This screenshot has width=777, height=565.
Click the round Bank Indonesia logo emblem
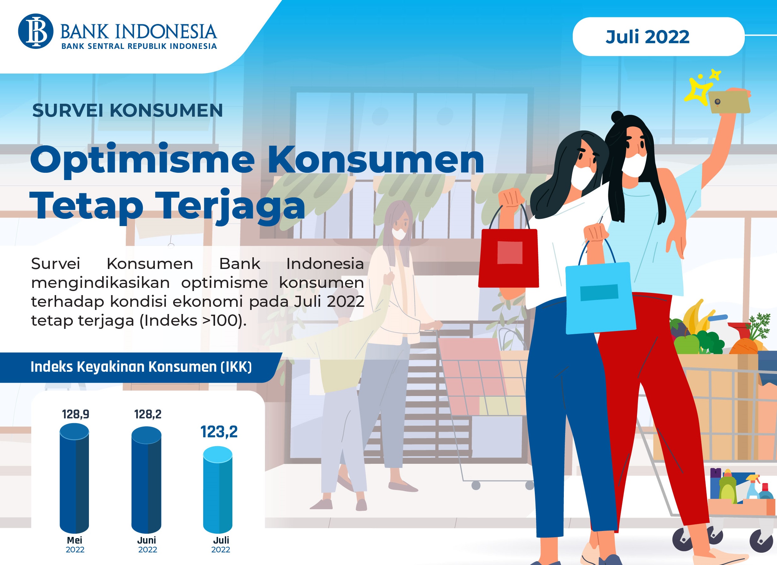tap(36, 31)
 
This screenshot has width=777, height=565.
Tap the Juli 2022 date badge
tap(658, 37)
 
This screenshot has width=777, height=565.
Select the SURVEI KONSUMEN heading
tap(127, 111)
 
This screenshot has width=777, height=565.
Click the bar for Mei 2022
tap(74, 478)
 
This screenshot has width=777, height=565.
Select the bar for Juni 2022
tap(146, 480)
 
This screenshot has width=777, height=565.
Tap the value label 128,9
tap(75, 414)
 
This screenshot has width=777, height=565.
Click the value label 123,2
tap(219, 432)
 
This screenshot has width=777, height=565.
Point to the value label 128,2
tap(148, 414)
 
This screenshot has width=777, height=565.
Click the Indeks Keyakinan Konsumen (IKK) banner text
tap(141, 367)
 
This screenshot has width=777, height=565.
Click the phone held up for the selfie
tap(729, 102)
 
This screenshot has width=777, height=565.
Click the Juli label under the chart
tap(221, 540)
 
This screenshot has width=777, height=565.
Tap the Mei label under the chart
tap(75, 540)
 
